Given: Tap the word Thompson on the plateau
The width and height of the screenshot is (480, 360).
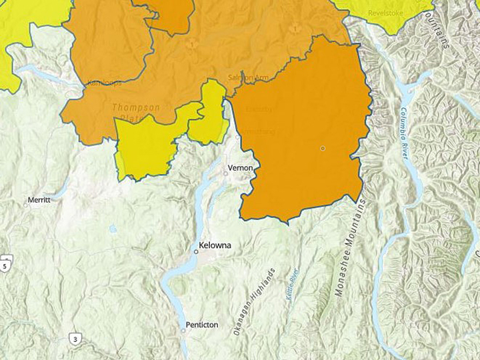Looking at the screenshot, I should (136, 107).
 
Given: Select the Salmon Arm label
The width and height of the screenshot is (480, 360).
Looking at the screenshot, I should (247, 77).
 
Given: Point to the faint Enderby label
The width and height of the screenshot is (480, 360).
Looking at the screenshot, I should (258, 109).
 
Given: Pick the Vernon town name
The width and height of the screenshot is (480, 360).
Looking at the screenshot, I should (241, 167).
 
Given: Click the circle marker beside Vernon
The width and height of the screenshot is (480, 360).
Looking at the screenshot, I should (226, 173).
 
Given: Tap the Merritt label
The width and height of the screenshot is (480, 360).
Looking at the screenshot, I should (39, 199).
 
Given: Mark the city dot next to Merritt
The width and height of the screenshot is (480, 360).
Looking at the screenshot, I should (26, 205).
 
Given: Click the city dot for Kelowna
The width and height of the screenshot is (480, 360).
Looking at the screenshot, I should (196, 252).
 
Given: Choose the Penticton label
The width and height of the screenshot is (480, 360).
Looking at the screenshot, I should (203, 325).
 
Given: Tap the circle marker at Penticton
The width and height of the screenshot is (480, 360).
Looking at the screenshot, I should (183, 330).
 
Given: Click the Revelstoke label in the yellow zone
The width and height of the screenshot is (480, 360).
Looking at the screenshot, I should (387, 13).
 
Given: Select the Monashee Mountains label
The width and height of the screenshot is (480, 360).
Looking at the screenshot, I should (351, 247).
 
